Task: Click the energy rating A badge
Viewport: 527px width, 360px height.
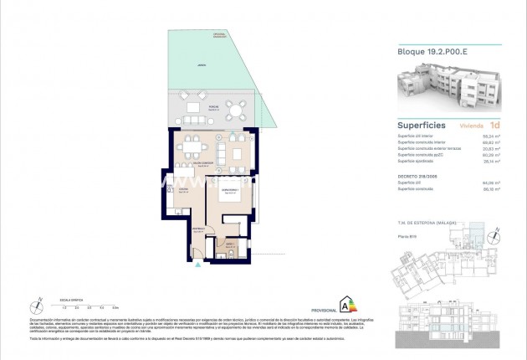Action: [341, 302]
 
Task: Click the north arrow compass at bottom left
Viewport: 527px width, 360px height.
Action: [37, 303]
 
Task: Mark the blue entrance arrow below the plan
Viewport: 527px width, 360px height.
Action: [197, 269]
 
